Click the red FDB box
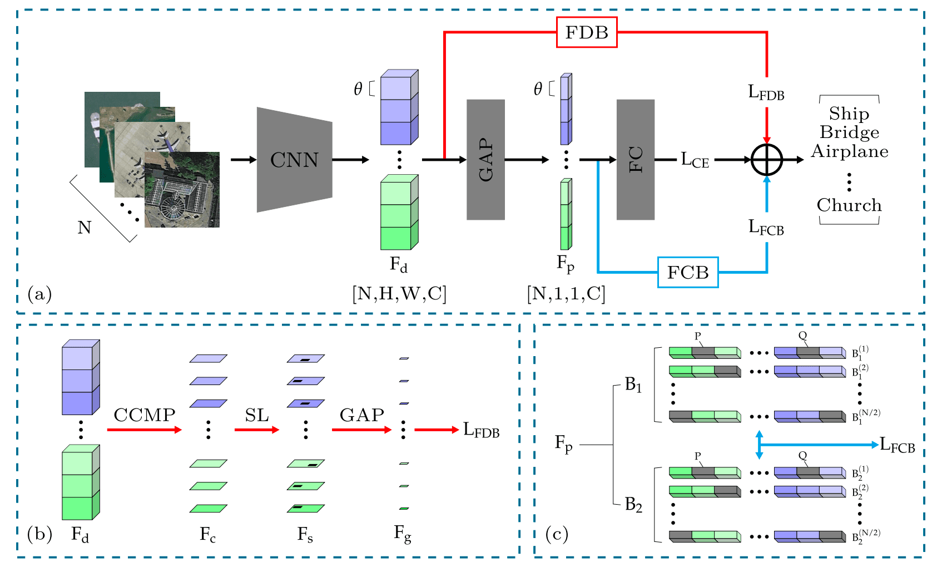tap(587, 32)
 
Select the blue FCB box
tap(688, 272)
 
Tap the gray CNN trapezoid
tap(294, 160)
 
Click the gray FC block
tap(635, 160)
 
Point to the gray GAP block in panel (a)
tap(485, 160)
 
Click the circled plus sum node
tap(767, 160)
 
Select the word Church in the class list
tap(849, 205)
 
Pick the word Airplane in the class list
tap(849, 151)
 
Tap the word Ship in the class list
tap(849, 114)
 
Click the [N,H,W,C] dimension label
tap(399, 293)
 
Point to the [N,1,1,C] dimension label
tap(566, 293)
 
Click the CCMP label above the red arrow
tap(145, 415)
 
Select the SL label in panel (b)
tap(257, 415)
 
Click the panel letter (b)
tap(39, 534)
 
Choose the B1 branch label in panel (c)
tap(633, 384)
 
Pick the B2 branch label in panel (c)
tap(633, 505)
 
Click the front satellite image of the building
tap(182, 190)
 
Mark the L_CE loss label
tap(695, 160)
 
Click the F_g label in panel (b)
tap(403, 534)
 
